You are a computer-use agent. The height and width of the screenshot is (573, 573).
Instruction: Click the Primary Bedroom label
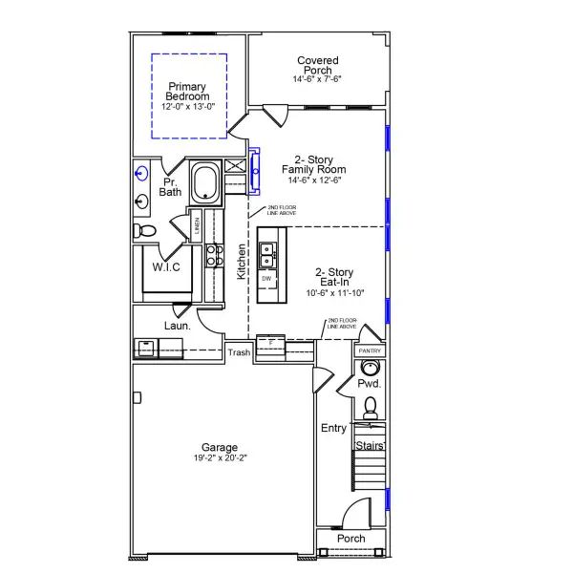tap(187, 92)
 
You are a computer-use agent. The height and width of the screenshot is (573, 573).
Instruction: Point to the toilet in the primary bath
tap(143, 230)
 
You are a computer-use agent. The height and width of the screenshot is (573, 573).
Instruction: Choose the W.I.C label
tap(166, 267)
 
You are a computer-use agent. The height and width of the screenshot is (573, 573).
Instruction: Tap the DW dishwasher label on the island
tap(266, 278)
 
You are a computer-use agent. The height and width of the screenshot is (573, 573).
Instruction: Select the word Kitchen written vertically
tap(242, 261)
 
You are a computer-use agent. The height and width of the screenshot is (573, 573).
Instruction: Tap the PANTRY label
tap(370, 351)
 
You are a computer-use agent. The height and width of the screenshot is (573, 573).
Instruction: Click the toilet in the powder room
tap(371, 409)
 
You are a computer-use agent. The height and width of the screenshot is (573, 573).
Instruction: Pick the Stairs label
tap(369, 445)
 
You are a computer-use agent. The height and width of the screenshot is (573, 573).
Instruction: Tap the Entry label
tap(333, 429)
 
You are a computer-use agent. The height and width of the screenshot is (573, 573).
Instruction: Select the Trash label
tap(239, 352)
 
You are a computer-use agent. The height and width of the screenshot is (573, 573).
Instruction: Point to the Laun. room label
tap(177, 326)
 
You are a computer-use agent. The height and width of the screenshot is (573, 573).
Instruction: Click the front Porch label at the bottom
tap(351, 539)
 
